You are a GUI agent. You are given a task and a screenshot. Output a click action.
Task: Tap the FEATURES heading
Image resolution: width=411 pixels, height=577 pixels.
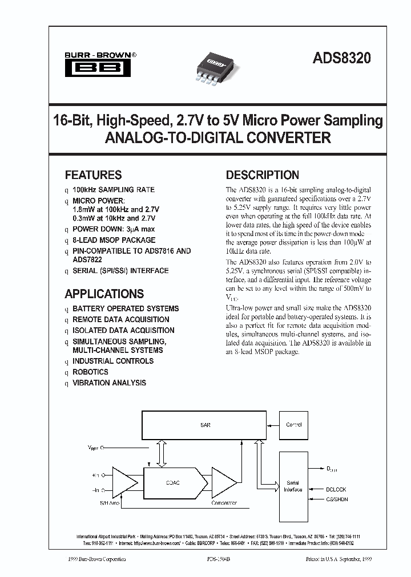click(x=93, y=175)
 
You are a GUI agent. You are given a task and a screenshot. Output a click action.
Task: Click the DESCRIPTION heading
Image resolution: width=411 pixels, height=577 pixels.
click(x=262, y=175)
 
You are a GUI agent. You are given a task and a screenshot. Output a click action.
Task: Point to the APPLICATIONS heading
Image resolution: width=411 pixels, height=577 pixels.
click(x=104, y=294)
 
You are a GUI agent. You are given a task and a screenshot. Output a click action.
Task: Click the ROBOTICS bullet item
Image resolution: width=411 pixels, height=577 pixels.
click(x=90, y=372)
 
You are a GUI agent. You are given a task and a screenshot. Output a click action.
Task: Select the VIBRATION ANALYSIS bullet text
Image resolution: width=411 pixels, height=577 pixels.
click(x=109, y=383)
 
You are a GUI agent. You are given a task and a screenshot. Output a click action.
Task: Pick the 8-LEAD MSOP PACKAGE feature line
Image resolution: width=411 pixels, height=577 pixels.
click(x=114, y=240)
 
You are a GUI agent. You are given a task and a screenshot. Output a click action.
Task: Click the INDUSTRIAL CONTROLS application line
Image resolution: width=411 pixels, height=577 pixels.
click(x=113, y=361)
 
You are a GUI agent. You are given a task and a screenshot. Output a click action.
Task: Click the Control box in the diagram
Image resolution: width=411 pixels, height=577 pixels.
click(x=293, y=425)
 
